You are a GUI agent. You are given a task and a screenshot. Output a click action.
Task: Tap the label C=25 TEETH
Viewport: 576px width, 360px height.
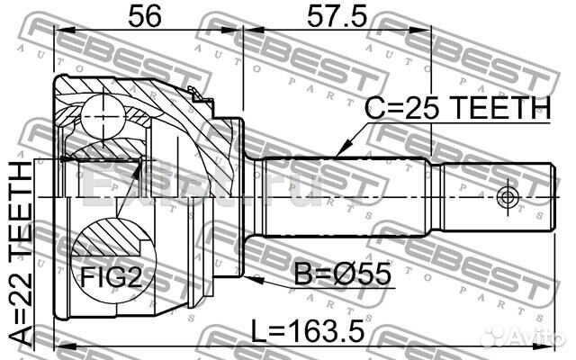pos(456,109)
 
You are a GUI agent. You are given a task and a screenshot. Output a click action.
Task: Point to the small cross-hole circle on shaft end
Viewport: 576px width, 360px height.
pos(508,195)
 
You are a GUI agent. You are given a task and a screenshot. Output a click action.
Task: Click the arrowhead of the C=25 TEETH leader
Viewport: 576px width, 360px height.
pos(340,153)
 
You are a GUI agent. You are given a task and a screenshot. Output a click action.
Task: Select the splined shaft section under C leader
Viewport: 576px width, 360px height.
pos(342,194)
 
